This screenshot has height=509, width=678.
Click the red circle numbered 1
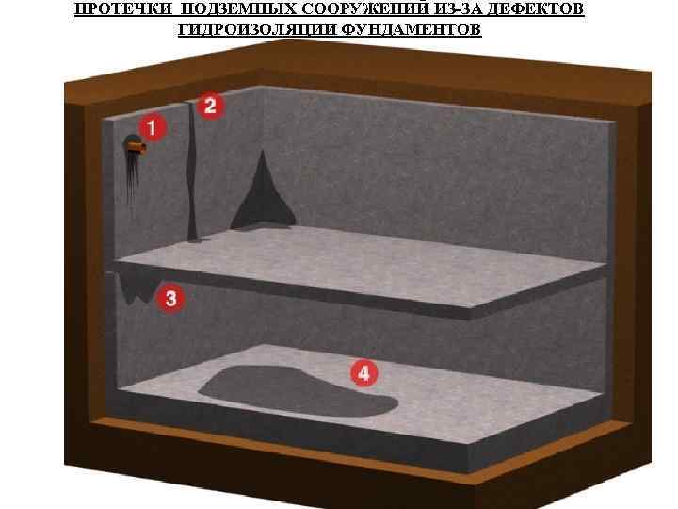tap(153, 127)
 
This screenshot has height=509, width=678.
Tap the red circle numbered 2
tap(210, 106)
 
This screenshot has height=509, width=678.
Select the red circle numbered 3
tap(170, 299)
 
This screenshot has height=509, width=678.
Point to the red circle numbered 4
tap(364, 373)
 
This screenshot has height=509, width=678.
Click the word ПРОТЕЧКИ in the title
tap(122, 9)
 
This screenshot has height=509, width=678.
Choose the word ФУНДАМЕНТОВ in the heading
tap(412, 29)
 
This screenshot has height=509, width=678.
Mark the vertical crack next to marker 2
tap(191, 170)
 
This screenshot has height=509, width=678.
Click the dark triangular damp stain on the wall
tap(263, 195)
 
